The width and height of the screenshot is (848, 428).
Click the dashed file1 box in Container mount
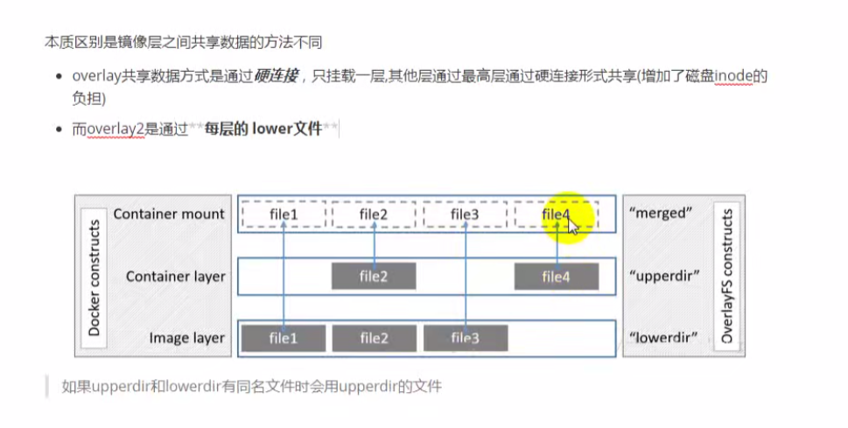coord(284,214)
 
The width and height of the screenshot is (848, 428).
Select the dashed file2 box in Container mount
coord(374,214)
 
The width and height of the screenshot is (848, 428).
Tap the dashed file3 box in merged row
coord(465,214)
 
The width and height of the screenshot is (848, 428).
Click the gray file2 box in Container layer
coord(374,277)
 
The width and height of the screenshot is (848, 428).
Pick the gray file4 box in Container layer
coord(556,277)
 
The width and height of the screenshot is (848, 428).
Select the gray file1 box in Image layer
coord(284,338)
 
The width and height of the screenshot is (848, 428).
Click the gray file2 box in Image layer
coord(374,338)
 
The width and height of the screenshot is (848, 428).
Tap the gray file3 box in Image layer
coord(465,338)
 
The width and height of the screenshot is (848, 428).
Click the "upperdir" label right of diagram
coord(664,277)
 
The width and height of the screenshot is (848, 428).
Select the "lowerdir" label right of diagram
coord(663,338)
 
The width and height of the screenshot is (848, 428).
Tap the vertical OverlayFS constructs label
coord(726,277)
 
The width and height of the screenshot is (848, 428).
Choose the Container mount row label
coord(169,214)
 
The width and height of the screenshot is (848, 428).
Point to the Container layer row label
coord(176,277)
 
